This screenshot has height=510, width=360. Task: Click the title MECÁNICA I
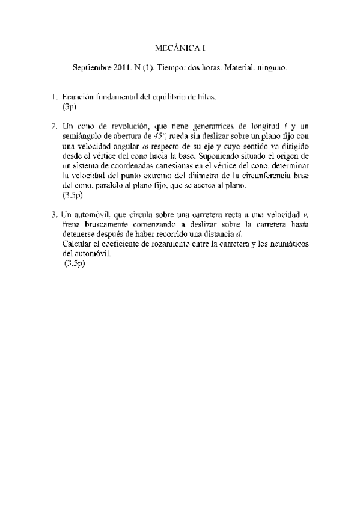click(x=180, y=46)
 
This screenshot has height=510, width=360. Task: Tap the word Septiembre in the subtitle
click(x=90, y=69)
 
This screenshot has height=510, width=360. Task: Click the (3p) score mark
click(x=70, y=106)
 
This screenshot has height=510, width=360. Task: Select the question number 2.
click(x=54, y=126)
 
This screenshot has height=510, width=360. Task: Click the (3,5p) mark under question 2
click(x=72, y=195)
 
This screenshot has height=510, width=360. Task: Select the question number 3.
click(x=54, y=214)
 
